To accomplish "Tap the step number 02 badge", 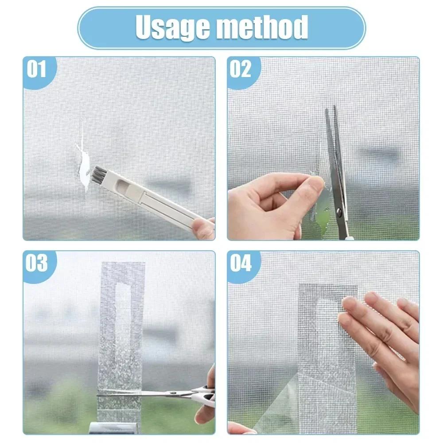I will click(x=241, y=70).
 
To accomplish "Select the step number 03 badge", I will click(x=36, y=264).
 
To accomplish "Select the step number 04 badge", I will click(x=241, y=264).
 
